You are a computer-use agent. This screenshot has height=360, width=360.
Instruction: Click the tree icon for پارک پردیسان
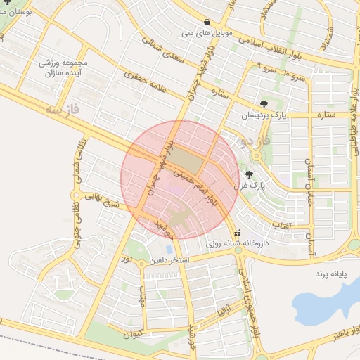pyautogui.click(x=264, y=103)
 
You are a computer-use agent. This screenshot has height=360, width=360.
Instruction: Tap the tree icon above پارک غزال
pyautogui.click(x=249, y=174)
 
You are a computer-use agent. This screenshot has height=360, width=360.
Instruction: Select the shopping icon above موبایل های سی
pyautogui.click(x=207, y=22)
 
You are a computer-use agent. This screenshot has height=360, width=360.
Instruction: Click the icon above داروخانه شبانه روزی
pyautogui.click(x=238, y=233)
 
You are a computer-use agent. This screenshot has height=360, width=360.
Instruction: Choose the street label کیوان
pyautogui.click(x=134, y=331)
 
